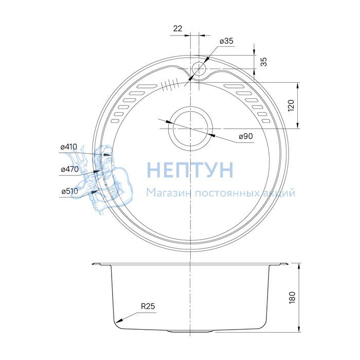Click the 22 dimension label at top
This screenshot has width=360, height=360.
[177, 28]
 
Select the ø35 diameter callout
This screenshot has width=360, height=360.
[226, 41]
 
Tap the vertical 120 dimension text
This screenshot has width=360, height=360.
[291, 105]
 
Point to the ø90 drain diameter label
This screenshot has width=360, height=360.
[246, 136]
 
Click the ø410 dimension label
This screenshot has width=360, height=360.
[69, 147]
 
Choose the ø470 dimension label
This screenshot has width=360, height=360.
[70, 169]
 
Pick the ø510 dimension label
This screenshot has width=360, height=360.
[70, 191]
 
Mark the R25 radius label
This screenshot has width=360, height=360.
[148, 306]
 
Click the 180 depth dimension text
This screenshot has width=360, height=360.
[292, 298]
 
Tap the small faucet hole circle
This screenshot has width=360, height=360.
[199, 68]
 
